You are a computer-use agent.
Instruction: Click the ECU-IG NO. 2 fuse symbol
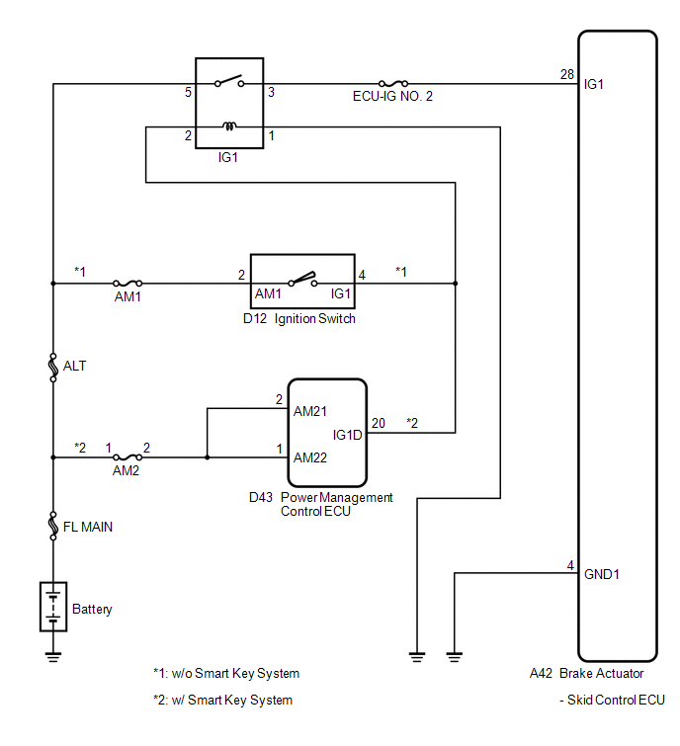(x=393, y=84)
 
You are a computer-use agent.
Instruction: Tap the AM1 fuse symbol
(x=127, y=283)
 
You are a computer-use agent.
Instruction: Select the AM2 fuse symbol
(x=127, y=457)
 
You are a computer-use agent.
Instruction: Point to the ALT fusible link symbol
(x=53, y=368)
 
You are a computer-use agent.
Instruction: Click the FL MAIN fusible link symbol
(x=53, y=527)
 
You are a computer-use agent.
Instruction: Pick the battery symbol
(x=53, y=607)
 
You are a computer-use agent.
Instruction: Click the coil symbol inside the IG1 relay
(x=229, y=126)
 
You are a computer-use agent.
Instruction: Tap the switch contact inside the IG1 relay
(x=229, y=81)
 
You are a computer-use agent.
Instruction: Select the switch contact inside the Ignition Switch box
(x=302, y=279)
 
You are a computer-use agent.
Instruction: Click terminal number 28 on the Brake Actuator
(x=566, y=74)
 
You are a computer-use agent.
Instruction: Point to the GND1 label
(x=602, y=574)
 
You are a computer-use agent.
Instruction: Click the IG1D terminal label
(x=347, y=435)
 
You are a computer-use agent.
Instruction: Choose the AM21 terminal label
(x=310, y=411)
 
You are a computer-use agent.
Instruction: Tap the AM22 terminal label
(x=310, y=457)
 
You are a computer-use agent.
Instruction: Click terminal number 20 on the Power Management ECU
(x=379, y=423)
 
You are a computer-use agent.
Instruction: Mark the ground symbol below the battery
(x=53, y=657)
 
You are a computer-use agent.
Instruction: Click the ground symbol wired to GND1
(x=455, y=657)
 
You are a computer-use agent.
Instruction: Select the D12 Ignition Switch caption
(x=299, y=318)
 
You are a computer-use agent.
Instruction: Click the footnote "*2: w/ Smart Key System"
(x=222, y=700)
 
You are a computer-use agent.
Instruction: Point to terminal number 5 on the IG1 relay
(x=189, y=92)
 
